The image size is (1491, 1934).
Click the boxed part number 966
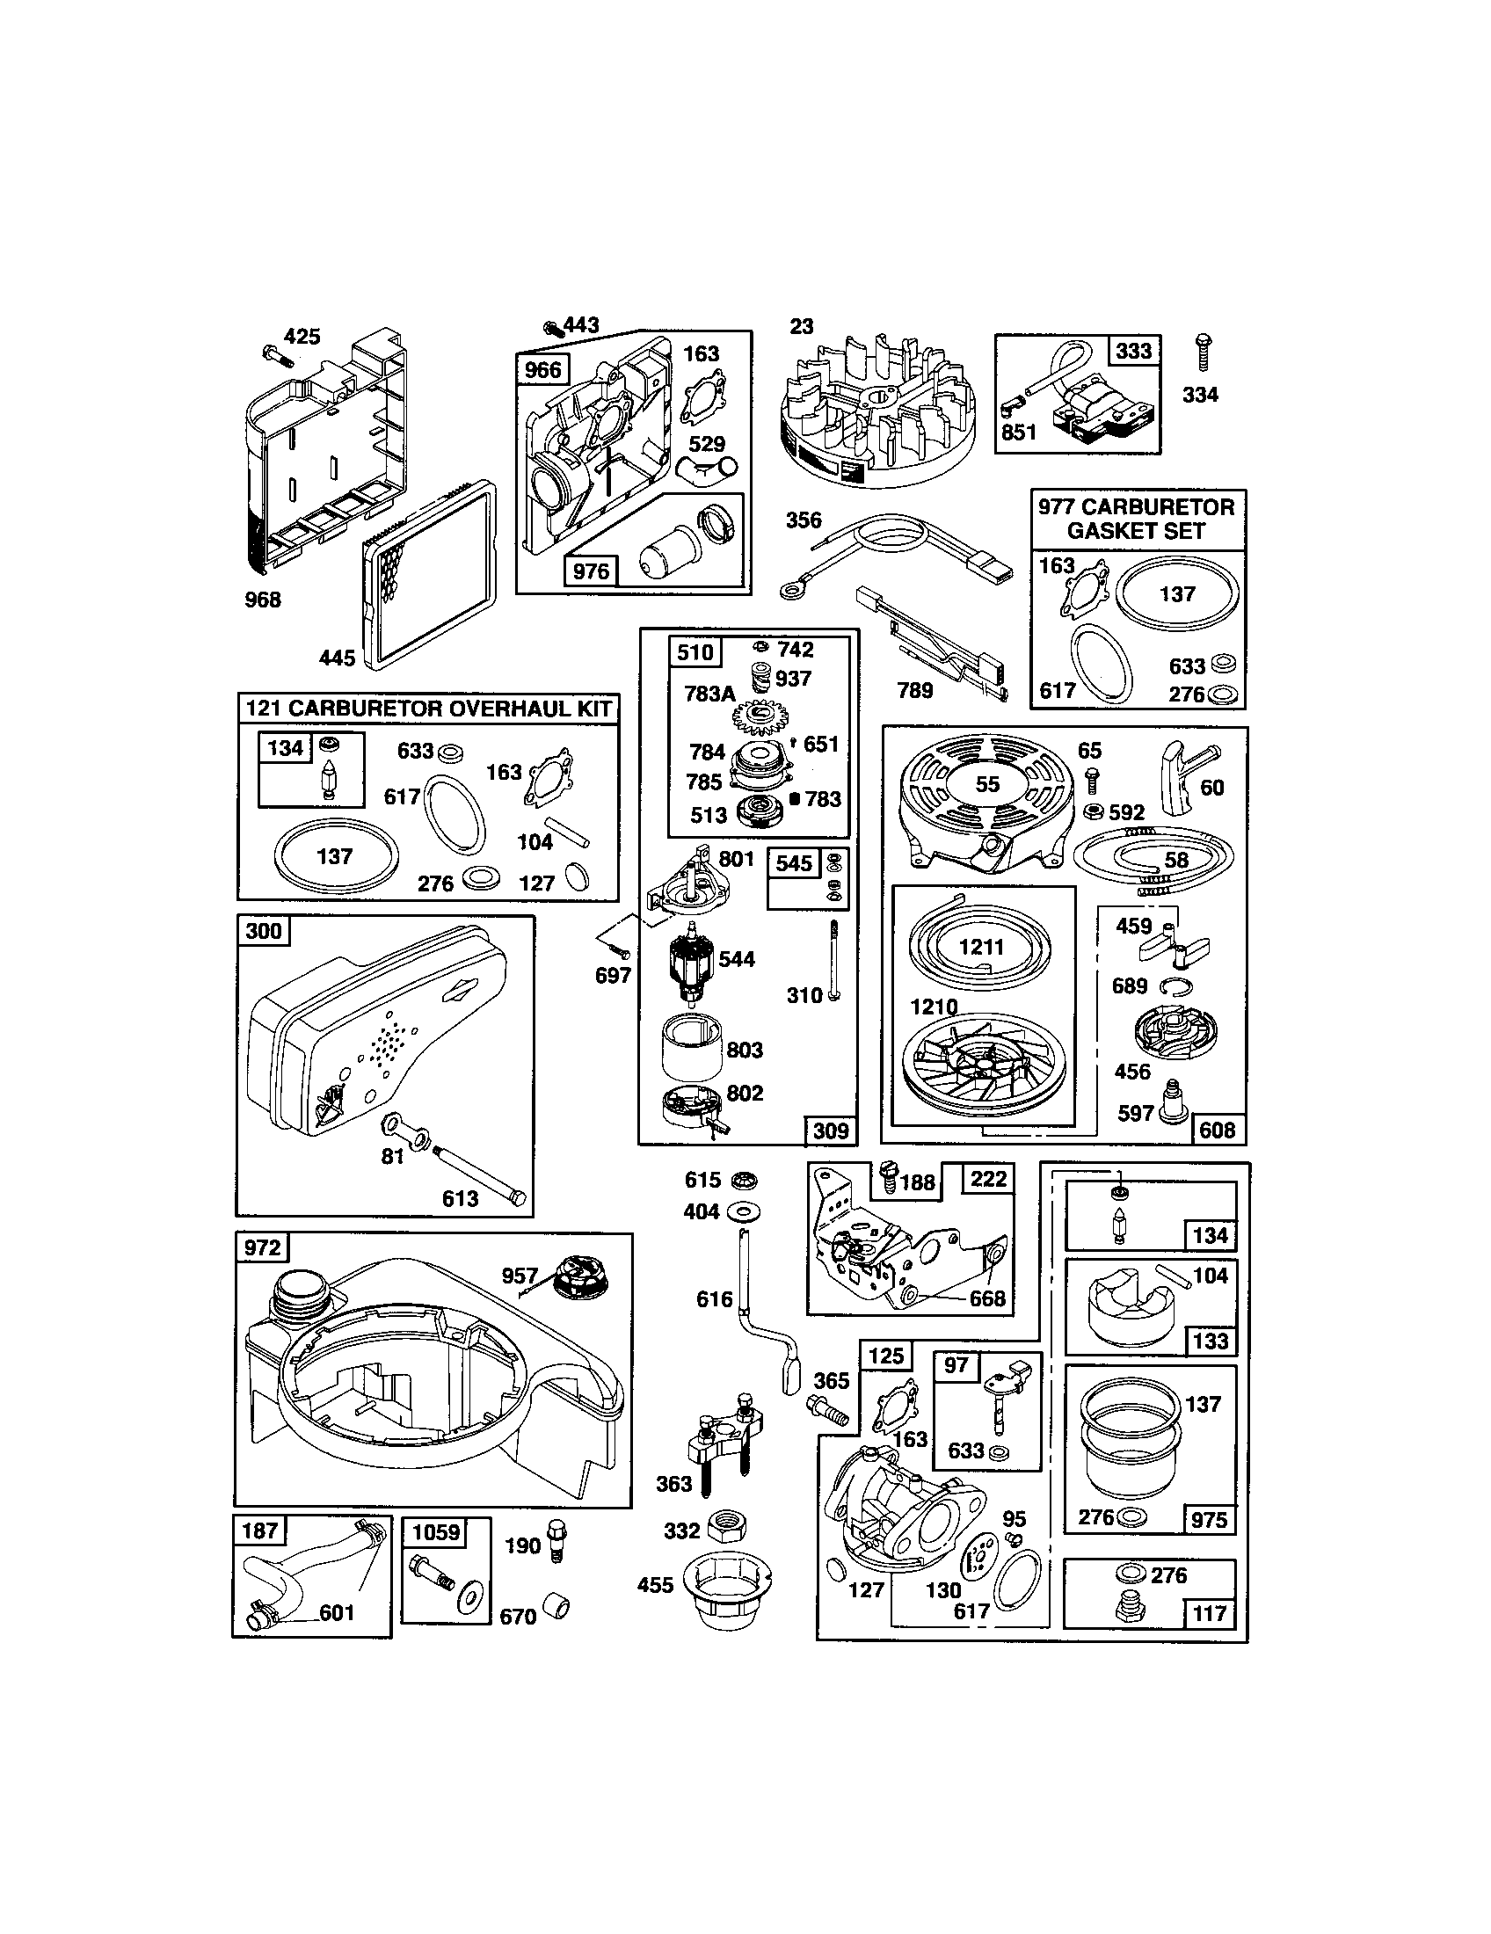pyautogui.click(x=542, y=369)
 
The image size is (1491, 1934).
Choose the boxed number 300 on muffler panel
pyautogui.click(x=264, y=931)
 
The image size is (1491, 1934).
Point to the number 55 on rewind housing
pyautogui.click(x=987, y=783)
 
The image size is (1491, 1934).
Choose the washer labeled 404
pyautogui.click(x=743, y=1211)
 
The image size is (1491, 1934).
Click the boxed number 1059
pyautogui.click(x=437, y=1531)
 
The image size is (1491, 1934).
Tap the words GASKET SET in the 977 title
pyautogui.click(x=1136, y=531)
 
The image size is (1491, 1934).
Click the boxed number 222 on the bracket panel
pyautogui.click(x=988, y=1179)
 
